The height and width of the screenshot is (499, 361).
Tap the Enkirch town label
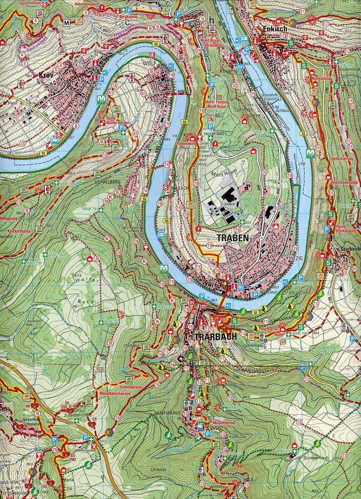click(269, 29)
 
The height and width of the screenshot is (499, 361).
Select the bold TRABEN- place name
click(233, 238)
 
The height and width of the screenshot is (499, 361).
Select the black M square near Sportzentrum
click(65, 23)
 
